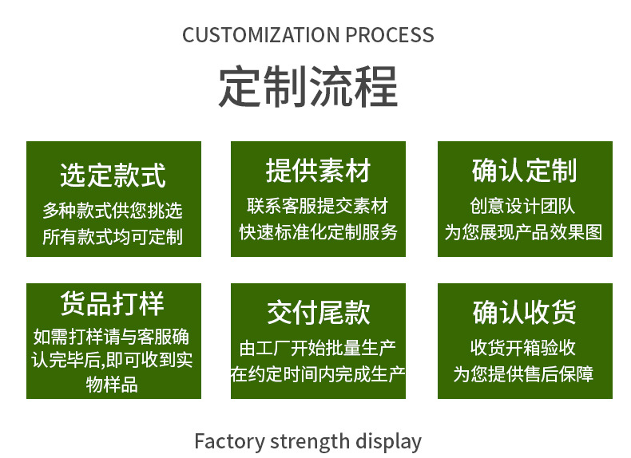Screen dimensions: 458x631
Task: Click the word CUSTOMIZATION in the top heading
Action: (260, 35)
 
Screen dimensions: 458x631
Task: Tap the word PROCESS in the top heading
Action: (389, 35)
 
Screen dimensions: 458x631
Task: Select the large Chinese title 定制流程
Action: (308, 87)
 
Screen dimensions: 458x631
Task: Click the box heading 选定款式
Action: (113, 174)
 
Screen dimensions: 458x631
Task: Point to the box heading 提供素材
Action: (318, 171)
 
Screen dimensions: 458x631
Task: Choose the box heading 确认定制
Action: (524, 171)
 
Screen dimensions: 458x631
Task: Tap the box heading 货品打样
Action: (113, 304)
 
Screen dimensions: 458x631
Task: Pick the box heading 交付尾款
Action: (318, 312)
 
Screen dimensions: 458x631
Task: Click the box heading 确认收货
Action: (524, 312)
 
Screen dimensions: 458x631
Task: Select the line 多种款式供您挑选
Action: (113, 211)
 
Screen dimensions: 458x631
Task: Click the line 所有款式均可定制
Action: (113, 236)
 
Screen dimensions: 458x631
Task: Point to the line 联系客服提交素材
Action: (318, 206)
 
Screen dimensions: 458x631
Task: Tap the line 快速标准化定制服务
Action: (318, 232)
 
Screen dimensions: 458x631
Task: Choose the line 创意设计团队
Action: (524, 206)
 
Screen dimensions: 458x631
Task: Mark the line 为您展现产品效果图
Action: (524, 232)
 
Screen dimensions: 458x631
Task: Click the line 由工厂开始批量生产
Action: (318, 348)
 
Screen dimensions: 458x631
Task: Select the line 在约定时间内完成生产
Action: (318, 373)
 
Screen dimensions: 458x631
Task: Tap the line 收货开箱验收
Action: (524, 348)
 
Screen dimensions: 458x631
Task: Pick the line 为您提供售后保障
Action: (524, 373)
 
